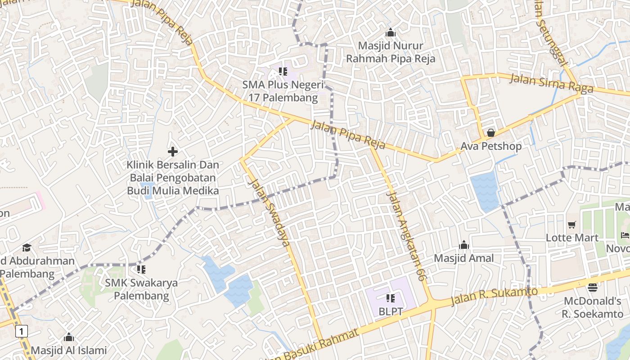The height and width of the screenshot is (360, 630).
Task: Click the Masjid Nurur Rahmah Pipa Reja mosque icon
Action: (x=390, y=32)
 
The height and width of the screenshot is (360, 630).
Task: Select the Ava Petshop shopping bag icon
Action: (x=490, y=133)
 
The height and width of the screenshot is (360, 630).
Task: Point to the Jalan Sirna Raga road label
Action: (x=551, y=84)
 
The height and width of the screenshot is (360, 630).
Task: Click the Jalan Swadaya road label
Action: (x=269, y=213)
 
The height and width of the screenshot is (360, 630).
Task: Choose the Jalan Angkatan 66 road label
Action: (x=406, y=236)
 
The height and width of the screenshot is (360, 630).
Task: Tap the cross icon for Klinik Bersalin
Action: (x=173, y=152)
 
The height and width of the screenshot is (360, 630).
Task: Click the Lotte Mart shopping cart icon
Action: (x=571, y=225)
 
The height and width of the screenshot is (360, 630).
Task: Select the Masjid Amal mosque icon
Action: (x=463, y=245)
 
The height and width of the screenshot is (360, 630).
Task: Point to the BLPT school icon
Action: (x=390, y=298)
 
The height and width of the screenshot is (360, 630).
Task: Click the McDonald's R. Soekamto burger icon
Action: (x=593, y=287)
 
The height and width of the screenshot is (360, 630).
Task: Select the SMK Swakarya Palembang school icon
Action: (x=141, y=270)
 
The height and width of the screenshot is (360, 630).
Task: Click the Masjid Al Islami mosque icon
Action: (x=69, y=337)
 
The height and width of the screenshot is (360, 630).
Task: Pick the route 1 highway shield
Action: (x=21, y=332)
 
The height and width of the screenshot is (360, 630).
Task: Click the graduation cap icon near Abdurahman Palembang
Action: (x=27, y=248)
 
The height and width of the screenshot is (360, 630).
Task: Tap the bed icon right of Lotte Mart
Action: (x=625, y=235)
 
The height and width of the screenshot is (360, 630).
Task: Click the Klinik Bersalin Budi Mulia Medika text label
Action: (x=173, y=178)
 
